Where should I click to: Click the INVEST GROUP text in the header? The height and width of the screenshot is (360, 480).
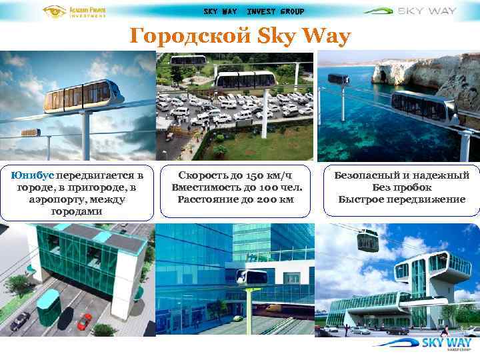click(275, 11)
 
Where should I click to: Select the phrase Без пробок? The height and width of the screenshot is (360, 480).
click(401, 187)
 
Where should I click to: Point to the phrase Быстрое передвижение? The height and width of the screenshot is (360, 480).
click(401, 199)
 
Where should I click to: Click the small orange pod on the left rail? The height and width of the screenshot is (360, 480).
click(30, 133)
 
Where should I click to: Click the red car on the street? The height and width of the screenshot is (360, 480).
click(84, 321)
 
